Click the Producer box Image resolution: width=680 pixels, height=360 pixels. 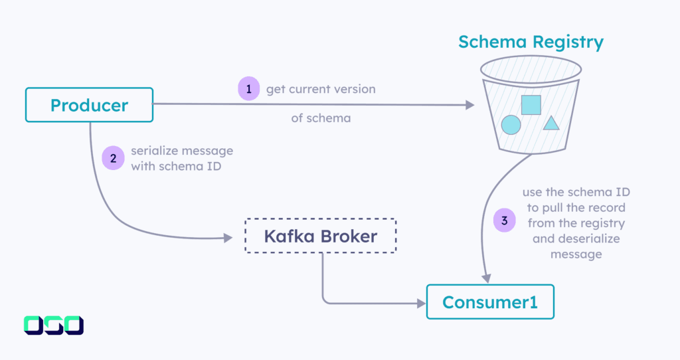point(89,105)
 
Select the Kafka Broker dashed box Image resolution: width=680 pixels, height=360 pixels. point(320,236)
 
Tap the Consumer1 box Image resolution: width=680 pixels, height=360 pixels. point(490,302)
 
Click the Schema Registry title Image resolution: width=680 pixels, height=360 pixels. point(531,43)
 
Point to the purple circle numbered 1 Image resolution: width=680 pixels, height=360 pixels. point(248,89)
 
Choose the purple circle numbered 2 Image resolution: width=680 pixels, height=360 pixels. point(112,158)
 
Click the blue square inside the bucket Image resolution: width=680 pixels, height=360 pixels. point(531,105)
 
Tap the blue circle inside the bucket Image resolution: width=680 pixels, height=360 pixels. point(511,124)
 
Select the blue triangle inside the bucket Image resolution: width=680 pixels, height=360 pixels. point(551,124)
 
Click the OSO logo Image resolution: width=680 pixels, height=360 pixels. point(54,325)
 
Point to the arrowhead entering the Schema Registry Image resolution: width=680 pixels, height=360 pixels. point(469,105)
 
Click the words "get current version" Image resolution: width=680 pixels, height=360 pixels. point(321,89)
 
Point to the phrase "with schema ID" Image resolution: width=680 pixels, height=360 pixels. point(176,166)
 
